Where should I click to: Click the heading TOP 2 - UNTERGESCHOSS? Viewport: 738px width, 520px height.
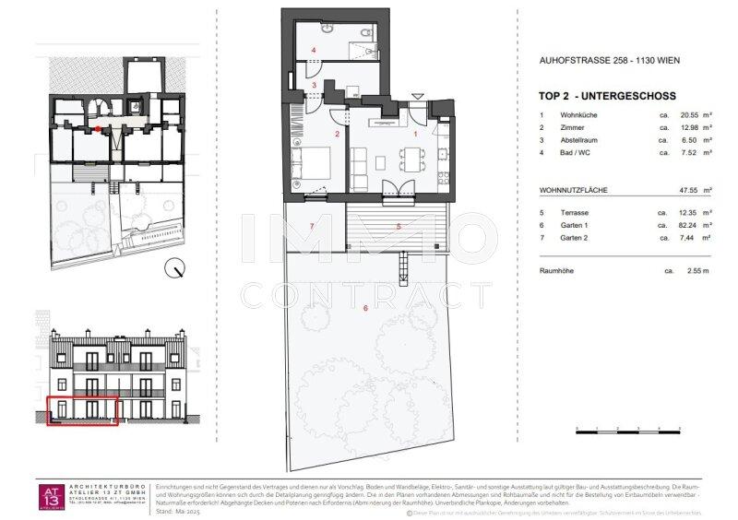click(x=607, y=96)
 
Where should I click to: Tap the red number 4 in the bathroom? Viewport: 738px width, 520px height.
click(x=314, y=49)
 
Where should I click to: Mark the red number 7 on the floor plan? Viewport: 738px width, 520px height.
click(x=313, y=226)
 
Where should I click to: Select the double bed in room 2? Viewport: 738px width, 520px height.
click(x=306, y=169)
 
